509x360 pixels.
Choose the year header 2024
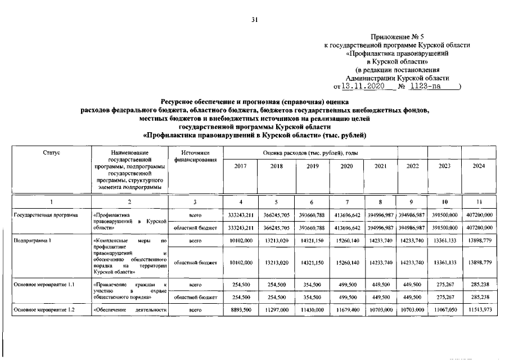point(479,166)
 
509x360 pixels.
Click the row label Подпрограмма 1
point(33,240)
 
